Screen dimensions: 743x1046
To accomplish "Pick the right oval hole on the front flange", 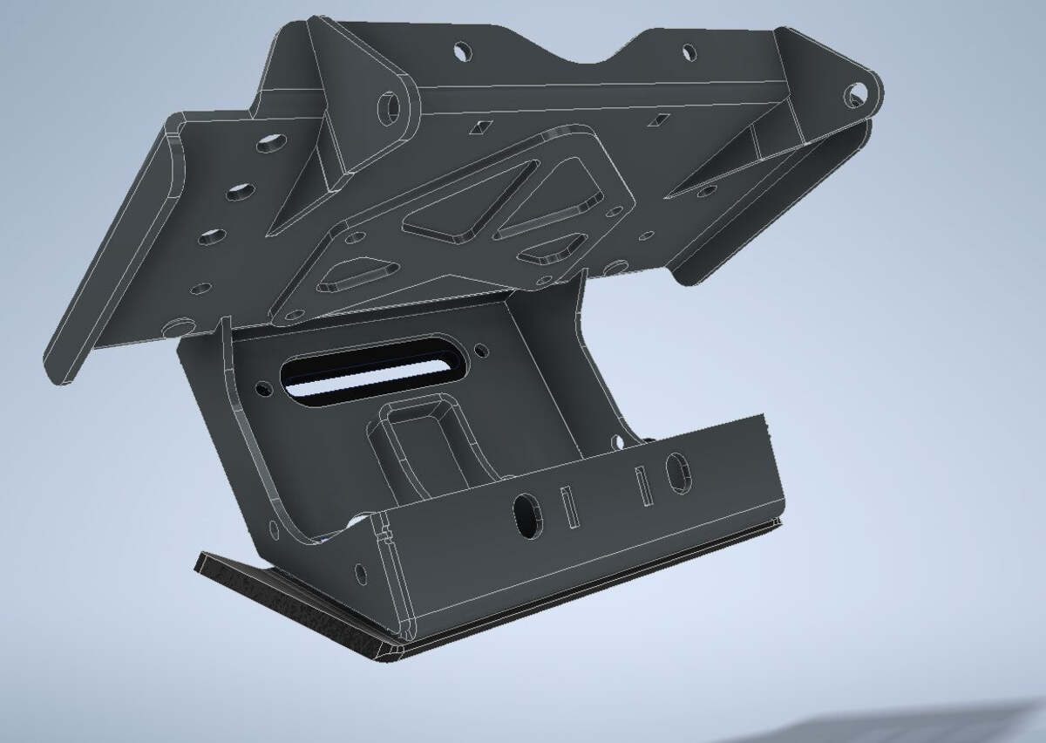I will tap(676, 472).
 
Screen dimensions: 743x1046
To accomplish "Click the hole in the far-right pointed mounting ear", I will tap(855, 92).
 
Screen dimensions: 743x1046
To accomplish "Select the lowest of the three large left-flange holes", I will tap(211, 236).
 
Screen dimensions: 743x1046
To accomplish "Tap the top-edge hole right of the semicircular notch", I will tap(689, 52).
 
